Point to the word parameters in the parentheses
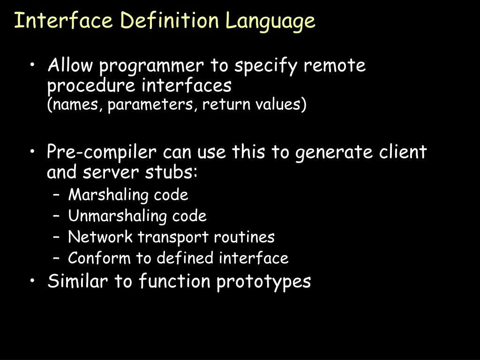[x=153, y=105]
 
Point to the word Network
[x=100, y=237]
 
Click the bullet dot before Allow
[x=35, y=67]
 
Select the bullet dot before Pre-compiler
[x=35, y=153]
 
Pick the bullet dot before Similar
[x=35, y=282]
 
